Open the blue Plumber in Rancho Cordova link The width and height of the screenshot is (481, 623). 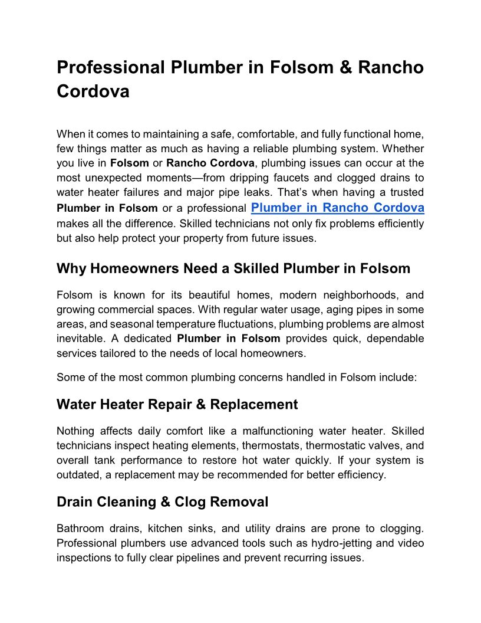[x=337, y=207]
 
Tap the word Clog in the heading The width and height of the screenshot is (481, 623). [x=189, y=502]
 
